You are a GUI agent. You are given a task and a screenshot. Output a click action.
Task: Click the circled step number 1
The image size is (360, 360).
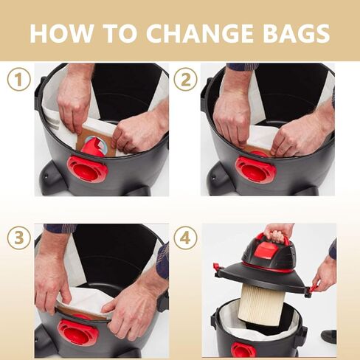18,80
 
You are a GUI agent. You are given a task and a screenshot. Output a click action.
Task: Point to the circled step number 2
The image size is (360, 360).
186,80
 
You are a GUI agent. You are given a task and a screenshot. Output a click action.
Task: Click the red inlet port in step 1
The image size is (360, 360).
87,169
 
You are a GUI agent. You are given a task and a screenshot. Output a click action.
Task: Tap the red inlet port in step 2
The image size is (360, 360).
255,169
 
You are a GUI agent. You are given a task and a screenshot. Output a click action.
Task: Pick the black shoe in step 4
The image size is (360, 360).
329,336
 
